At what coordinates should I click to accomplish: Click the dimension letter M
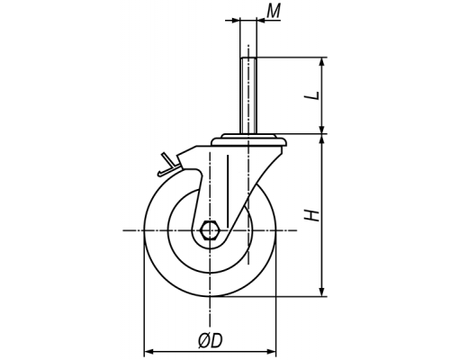coord(274,12)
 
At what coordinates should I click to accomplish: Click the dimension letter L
coord(312,95)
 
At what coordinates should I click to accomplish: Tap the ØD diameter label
coord(211,341)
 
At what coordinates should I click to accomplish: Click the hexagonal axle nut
coord(210,230)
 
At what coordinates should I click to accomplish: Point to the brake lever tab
coord(168,165)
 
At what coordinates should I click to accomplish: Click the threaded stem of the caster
coord(248,95)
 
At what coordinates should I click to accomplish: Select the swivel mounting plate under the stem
coord(248,140)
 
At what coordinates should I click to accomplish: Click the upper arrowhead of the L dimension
coord(322,62)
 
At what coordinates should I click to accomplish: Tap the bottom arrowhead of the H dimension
coord(322,292)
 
